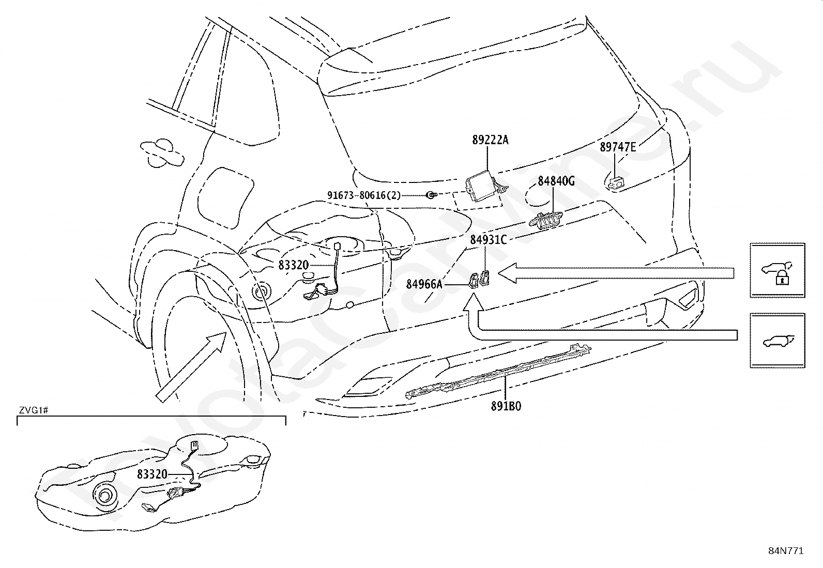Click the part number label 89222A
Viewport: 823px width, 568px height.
click(x=490, y=140)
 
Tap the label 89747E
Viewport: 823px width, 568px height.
click(x=618, y=147)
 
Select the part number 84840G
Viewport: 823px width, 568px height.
click(x=556, y=181)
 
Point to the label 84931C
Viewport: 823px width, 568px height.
click(x=489, y=240)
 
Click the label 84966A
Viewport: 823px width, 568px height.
click(x=424, y=284)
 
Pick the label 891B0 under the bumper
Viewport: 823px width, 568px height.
click(x=506, y=406)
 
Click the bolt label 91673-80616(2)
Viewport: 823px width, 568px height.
click(x=364, y=195)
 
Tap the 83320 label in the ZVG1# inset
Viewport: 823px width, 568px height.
click(x=152, y=474)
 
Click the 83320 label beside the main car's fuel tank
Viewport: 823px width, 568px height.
click(x=293, y=265)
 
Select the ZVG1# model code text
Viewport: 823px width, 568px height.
click(x=34, y=410)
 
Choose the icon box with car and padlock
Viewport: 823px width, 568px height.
click(x=778, y=270)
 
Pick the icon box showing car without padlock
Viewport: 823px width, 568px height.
click(x=778, y=341)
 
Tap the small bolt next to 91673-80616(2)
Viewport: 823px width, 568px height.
click(x=431, y=195)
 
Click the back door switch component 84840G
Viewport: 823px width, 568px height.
click(x=545, y=220)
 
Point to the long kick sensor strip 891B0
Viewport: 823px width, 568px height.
click(x=498, y=371)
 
